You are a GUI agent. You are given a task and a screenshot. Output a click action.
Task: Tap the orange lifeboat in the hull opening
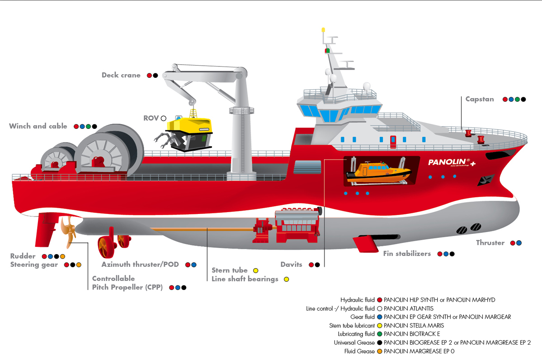378,172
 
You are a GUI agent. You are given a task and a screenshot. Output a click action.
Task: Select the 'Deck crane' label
121,75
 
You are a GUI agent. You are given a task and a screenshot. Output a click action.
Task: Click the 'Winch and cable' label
38,126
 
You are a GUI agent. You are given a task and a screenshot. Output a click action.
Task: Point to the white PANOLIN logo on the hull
452,162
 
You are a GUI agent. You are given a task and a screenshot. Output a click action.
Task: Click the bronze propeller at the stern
68,231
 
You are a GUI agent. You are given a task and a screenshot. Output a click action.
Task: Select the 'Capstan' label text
480,99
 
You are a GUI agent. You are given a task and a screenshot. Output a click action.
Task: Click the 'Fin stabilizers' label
407,253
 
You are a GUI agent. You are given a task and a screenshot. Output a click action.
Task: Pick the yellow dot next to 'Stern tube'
256,270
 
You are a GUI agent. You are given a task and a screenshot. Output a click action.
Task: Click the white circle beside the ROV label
164,118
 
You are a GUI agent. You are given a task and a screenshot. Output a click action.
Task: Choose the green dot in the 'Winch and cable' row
89,127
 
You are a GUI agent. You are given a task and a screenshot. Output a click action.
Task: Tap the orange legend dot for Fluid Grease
380,351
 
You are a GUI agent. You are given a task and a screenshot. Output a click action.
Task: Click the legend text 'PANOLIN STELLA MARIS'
414,326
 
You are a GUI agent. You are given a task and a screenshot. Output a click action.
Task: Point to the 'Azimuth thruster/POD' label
140,265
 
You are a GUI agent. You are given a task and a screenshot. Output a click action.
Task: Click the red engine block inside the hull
297,225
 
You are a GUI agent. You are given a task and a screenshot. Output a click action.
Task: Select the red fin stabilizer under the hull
367,243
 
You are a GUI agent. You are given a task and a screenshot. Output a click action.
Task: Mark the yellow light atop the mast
323,30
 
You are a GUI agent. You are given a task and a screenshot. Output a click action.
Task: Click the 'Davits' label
292,265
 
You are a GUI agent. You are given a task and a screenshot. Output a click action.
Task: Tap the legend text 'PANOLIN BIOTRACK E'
412,334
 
